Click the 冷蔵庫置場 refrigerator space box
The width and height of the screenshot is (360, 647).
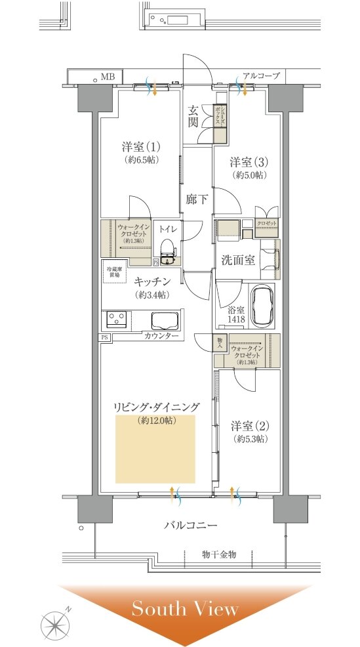click(x=114, y=272)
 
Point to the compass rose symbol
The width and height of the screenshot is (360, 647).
click(x=56, y=621)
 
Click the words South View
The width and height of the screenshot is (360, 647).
click(x=185, y=609)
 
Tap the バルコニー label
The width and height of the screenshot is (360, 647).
click(x=190, y=526)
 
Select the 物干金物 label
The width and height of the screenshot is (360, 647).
click(x=218, y=554)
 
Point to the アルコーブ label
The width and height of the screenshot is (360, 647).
click(x=261, y=76)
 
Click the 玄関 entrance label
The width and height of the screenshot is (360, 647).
click(x=193, y=117)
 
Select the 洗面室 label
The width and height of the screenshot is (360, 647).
click(x=237, y=260)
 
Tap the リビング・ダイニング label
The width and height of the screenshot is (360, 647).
click(x=156, y=407)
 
